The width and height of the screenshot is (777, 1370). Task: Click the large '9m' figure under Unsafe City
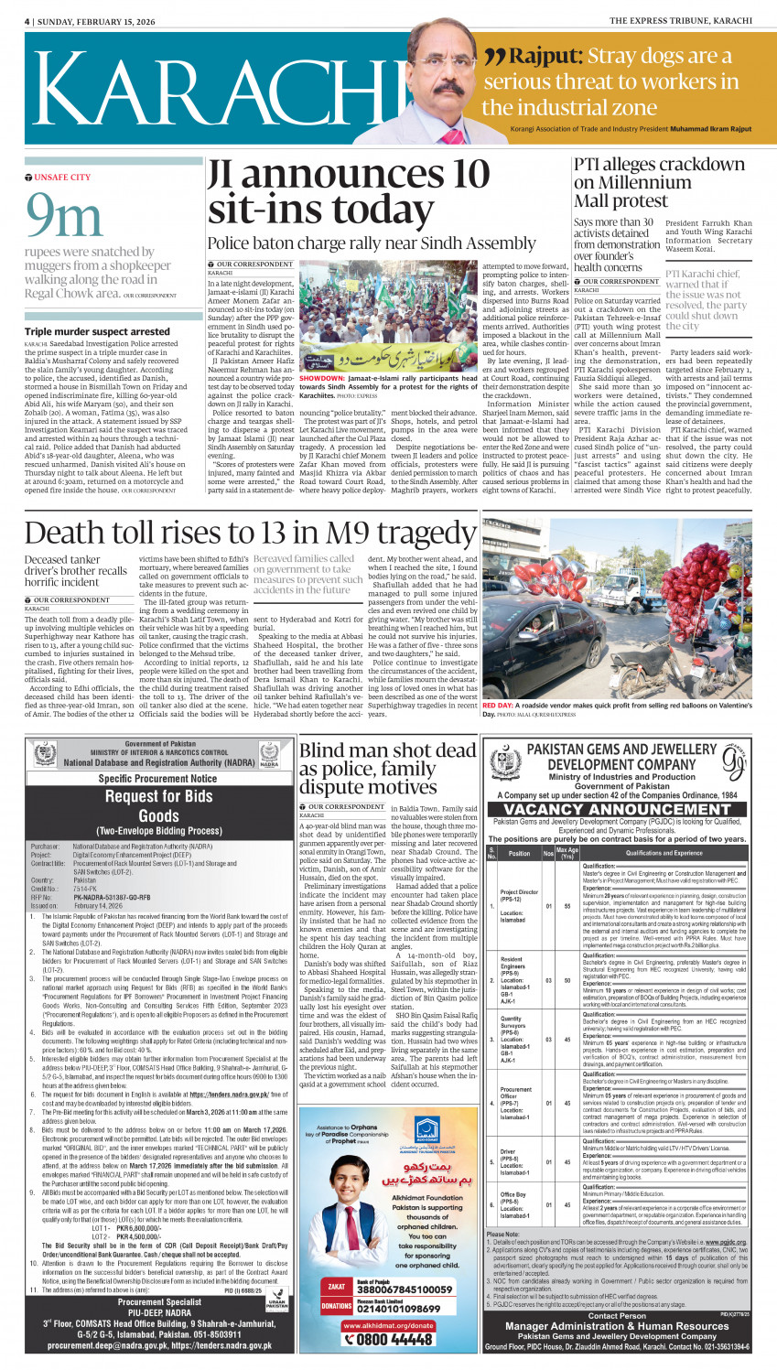[x=65, y=216]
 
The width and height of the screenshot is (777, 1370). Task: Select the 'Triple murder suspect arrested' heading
[x=97, y=331]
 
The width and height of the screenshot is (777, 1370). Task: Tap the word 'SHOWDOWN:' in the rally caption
[x=321, y=378]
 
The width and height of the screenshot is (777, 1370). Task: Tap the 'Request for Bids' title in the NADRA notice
[x=159, y=796]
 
